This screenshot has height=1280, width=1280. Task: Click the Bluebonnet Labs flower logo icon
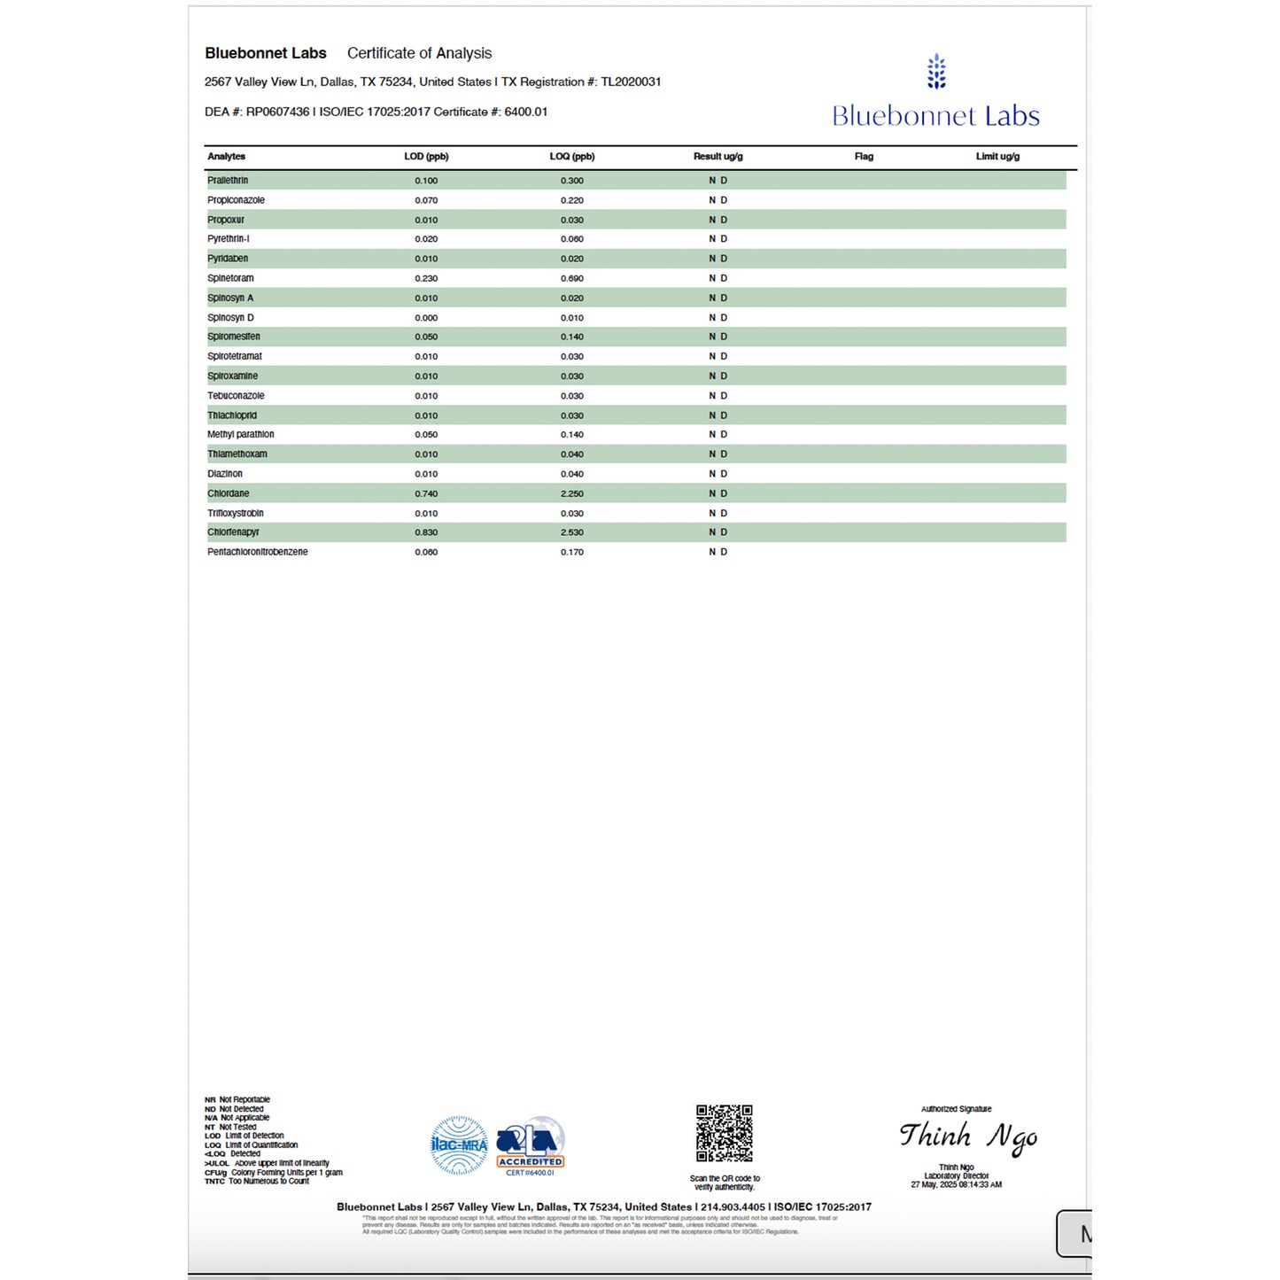click(x=936, y=72)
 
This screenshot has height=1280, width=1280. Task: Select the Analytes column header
click(x=227, y=157)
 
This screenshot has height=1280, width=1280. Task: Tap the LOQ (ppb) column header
click(x=571, y=157)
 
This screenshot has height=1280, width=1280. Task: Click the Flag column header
click(x=864, y=157)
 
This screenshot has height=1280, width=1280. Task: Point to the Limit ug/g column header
click(x=997, y=157)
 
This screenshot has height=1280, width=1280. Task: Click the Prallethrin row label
click(x=228, y=181)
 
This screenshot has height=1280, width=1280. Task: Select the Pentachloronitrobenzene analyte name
click(x=258, y=552)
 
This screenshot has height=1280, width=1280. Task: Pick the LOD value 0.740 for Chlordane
click(x=426, y=494)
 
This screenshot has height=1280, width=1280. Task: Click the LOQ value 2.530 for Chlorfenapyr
click(x=571, y=532)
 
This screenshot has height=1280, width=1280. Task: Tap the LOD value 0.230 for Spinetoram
click(x=426, y=279)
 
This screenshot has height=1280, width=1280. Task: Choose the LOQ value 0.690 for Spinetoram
click(x=571, y=279)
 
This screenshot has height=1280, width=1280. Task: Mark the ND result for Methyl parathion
click(x=718, y=435)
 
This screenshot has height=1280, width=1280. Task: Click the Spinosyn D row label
click(x=230, y=318)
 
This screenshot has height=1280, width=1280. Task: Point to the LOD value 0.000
click(x=426, y=318)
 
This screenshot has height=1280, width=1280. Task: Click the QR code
click(x=724, y=1133)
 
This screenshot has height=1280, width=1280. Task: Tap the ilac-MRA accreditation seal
click(x=459, y=1145)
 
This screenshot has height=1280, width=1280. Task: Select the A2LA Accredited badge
click(x=530, y=1145)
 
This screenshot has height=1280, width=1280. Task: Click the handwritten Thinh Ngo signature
click(x=968, y=1136)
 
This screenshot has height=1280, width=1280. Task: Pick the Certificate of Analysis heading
click(x=419, y=53)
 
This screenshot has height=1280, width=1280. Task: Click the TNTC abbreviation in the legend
click(x=214, y=1182)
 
